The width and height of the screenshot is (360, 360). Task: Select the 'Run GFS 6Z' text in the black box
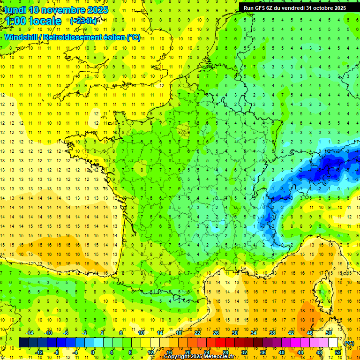[x=260, y=8]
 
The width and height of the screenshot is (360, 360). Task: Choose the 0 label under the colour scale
[x=93, y=352]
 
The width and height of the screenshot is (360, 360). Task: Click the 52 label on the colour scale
[x=338, y=352]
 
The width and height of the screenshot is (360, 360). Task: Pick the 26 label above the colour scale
[x=216, y=333]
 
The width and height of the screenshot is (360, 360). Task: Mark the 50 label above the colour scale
[x=328, y=333]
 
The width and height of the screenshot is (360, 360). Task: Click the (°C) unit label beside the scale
[x=349, y=343]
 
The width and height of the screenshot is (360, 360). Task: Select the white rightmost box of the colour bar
[x=333, y=343]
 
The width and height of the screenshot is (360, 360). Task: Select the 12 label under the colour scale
[x=150, y=352]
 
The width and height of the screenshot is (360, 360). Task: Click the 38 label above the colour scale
[x=272, y=333]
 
